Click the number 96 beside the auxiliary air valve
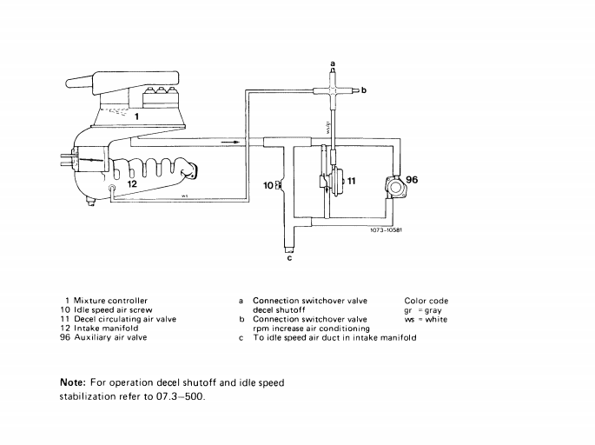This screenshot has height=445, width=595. click(412, 180)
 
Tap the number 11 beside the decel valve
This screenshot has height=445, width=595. click(351, 180)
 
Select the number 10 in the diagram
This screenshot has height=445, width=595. click(268, 185)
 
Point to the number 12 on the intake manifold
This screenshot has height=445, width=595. click(132, 183)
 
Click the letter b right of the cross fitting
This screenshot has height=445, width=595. click(364, 90)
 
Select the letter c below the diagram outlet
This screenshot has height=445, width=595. click(289, 258)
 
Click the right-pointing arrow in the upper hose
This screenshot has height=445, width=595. click(229, 140)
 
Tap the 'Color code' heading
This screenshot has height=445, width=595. click(426, 301)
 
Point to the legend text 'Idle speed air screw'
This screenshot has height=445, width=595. click(116, 309)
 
